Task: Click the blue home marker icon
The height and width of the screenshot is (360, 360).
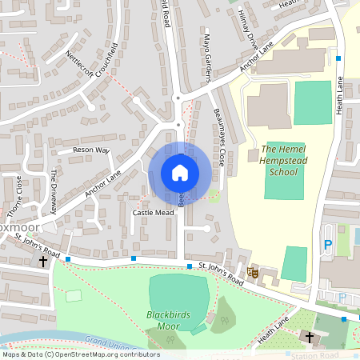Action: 180,173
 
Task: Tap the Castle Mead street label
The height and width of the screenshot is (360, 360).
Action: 153,214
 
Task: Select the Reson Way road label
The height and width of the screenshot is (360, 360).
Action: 90,150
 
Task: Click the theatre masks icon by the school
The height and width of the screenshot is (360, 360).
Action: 254,273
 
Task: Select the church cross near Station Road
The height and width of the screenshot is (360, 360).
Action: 310,338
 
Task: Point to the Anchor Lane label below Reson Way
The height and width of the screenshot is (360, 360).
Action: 102,183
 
